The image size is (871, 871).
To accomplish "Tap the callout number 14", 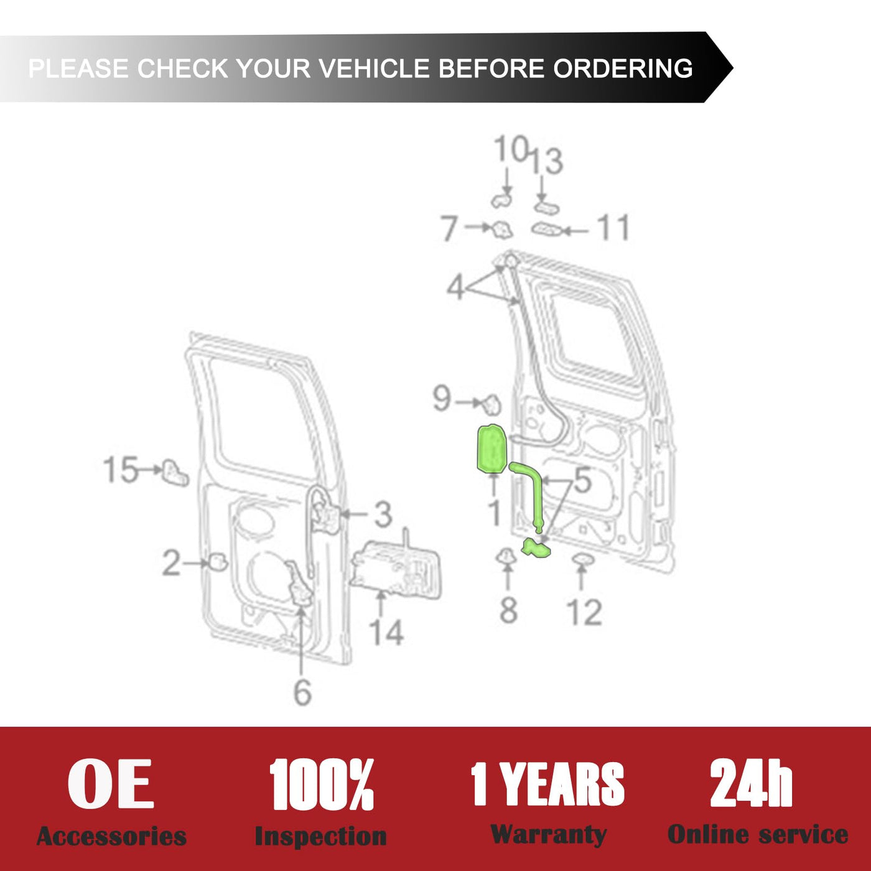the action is coord(386,632).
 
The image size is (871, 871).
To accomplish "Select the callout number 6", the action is coord(302,692).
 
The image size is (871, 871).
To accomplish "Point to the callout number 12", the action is coord(584,612).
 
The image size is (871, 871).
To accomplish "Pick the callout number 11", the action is coord(613,227).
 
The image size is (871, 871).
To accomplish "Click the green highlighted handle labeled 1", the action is coord(491,449).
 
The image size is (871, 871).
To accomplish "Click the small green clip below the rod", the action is coord(536,548).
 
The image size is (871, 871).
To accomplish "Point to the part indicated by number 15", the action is coord(175,473).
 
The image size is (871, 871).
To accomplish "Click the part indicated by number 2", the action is coord(218,562).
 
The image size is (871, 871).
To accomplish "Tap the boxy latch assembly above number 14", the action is coord(396,568).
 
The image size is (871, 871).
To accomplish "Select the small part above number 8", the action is coord(506,556).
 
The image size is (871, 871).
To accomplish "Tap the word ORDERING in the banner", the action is coord(623,68).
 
